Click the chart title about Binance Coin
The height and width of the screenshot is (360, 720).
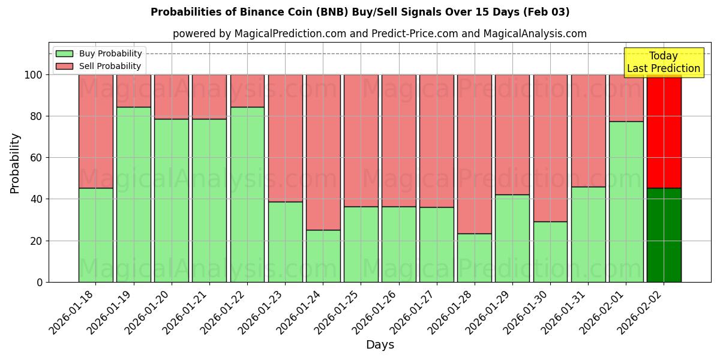pyautogui.click(x=360, y=12)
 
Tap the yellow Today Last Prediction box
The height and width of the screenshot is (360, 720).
pyautogui.click(x=664, y=62)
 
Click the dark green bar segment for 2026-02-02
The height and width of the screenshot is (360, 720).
pyautogui.click(x=664, y=235)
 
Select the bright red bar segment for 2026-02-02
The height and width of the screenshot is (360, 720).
pyautogui.click(x=664, y=131)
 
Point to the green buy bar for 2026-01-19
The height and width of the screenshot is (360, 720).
pyautogui.click(x=133, y=194)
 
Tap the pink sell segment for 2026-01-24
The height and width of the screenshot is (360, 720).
pyautogui.click(x=323, y=152)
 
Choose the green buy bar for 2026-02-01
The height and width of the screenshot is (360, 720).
pyautogui.click(x=626, y=202)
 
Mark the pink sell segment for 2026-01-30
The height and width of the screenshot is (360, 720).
pyautogui.click(x=550, y=148)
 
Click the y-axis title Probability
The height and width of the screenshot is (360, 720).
pyautogui.click(x=15, y=163)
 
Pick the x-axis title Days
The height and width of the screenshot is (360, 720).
pyautogui.click(x=380, y=345)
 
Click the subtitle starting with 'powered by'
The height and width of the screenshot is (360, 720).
pyautogui.click(x=380, y=34)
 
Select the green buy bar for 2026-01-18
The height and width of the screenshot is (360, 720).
pyautogui.click(x=95, y=235)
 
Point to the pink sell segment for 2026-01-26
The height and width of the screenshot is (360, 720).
pyautogui.click(x=398, y=140)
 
